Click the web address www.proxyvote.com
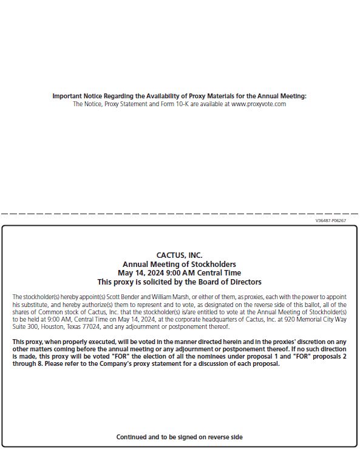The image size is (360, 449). pos(259,104)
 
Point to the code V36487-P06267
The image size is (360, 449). pos(331,221)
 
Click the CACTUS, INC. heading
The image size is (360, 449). pos(179,255)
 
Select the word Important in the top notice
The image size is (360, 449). pos(67,96)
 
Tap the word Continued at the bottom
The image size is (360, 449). pos(132,437)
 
